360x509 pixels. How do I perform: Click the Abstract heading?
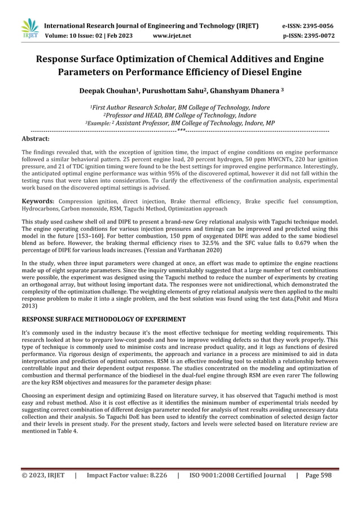click(35, 138)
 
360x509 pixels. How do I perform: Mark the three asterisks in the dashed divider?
click(180, 130)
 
